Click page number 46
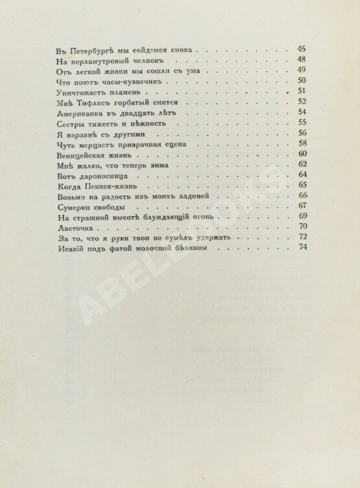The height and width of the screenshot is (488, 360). [x=301, y=49]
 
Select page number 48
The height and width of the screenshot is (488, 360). [x=301, y=60]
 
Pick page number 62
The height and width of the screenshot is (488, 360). [x=301, y=165]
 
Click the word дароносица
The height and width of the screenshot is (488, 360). [x=102, y=177]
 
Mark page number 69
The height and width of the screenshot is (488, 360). [x=301, y=217]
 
